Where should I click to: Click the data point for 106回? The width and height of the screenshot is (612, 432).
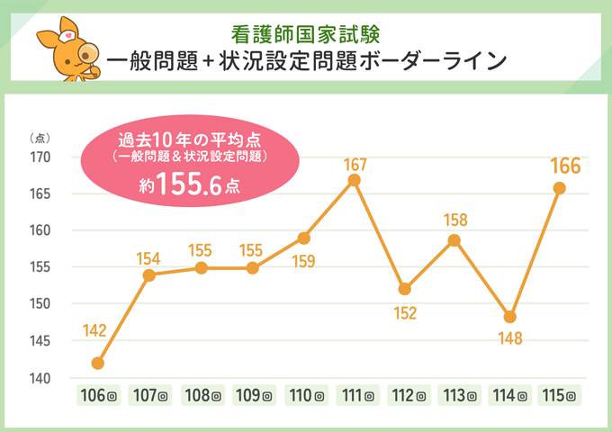coord(98,364)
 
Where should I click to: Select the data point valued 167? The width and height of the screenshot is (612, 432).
coord(354,180)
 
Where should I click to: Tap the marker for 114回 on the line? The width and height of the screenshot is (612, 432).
coord(509,317)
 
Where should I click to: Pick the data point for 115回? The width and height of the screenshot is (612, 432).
coord(559,188)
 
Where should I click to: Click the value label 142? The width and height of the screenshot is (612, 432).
coord(95,330)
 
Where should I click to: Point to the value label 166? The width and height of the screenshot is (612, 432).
coord(564,166)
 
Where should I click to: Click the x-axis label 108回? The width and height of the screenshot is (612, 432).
coord(201,395)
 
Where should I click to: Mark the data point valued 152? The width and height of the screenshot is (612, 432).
coord(405,289)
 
